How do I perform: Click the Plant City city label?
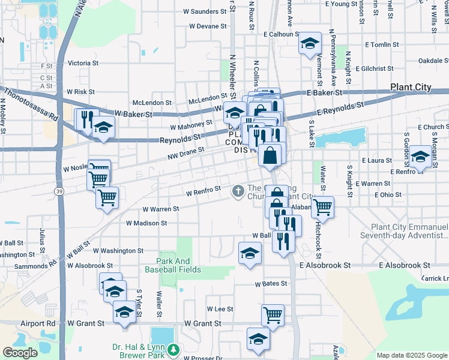(411, 87)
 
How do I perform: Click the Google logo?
(20, 353)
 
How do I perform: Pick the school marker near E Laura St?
(420, 158)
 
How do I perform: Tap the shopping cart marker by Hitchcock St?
(323, 206)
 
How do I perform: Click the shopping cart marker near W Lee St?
(273, 314)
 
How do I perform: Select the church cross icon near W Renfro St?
(238, 191)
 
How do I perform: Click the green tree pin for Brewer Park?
(173, 349)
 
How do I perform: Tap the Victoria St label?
(83, 62)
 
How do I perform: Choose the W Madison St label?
(146, 223)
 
